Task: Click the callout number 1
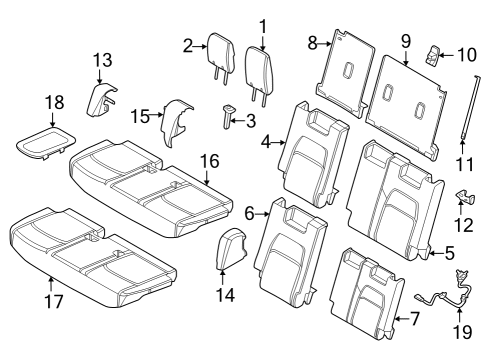263,24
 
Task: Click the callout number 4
267,143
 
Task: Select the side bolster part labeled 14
232,250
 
